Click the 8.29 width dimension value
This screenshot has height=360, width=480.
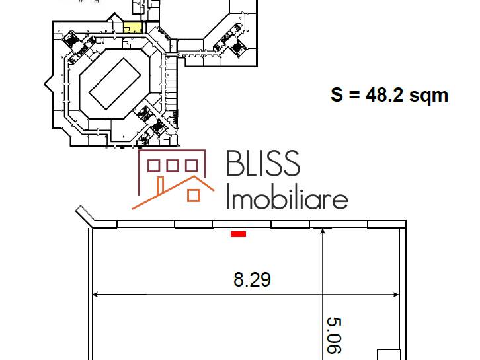click(252, 280)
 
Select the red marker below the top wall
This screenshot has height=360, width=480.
click(238, 234)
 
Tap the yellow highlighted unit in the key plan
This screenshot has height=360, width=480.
click(132, 28)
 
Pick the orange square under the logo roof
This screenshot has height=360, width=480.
click(194, 195)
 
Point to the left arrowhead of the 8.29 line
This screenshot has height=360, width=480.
click(96, 293)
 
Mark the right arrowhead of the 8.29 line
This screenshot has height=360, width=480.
click(398, 293)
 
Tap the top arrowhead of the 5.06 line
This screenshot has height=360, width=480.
click(323, 232)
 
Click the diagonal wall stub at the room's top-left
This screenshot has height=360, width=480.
click(85, 216)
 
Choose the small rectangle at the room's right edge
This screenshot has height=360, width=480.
click(386, 353)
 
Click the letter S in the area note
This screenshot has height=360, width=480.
click(337, 95)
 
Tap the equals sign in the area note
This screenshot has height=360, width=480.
click(354, 96)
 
